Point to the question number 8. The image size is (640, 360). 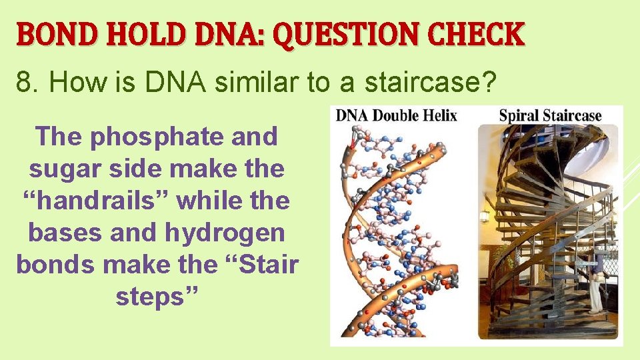24,83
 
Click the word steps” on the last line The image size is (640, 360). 157,297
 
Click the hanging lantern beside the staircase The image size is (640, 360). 485,215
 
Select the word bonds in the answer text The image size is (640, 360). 49,265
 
